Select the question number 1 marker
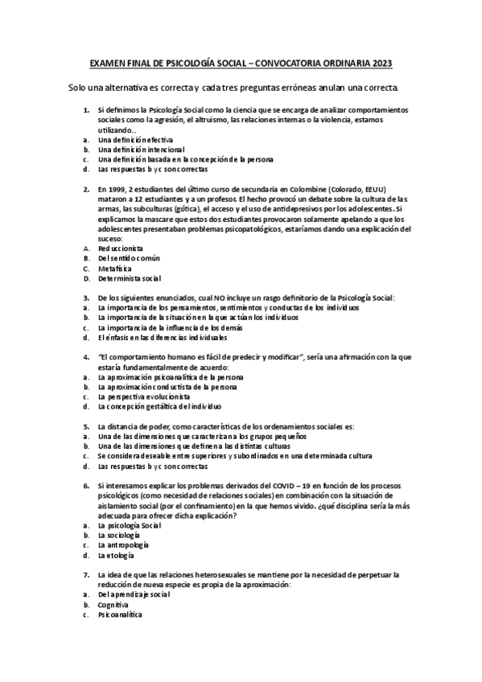click(86, 109)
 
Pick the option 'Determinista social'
click(129, 278)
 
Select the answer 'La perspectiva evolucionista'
click(144, 396)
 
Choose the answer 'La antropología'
click(122, 544)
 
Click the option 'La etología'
click(115, 555)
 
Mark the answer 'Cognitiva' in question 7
click(113, 604)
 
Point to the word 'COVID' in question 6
click(289, 486)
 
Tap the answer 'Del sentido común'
click(129, 258)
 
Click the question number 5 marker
click(86, 426)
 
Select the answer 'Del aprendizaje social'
click(133, 594)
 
